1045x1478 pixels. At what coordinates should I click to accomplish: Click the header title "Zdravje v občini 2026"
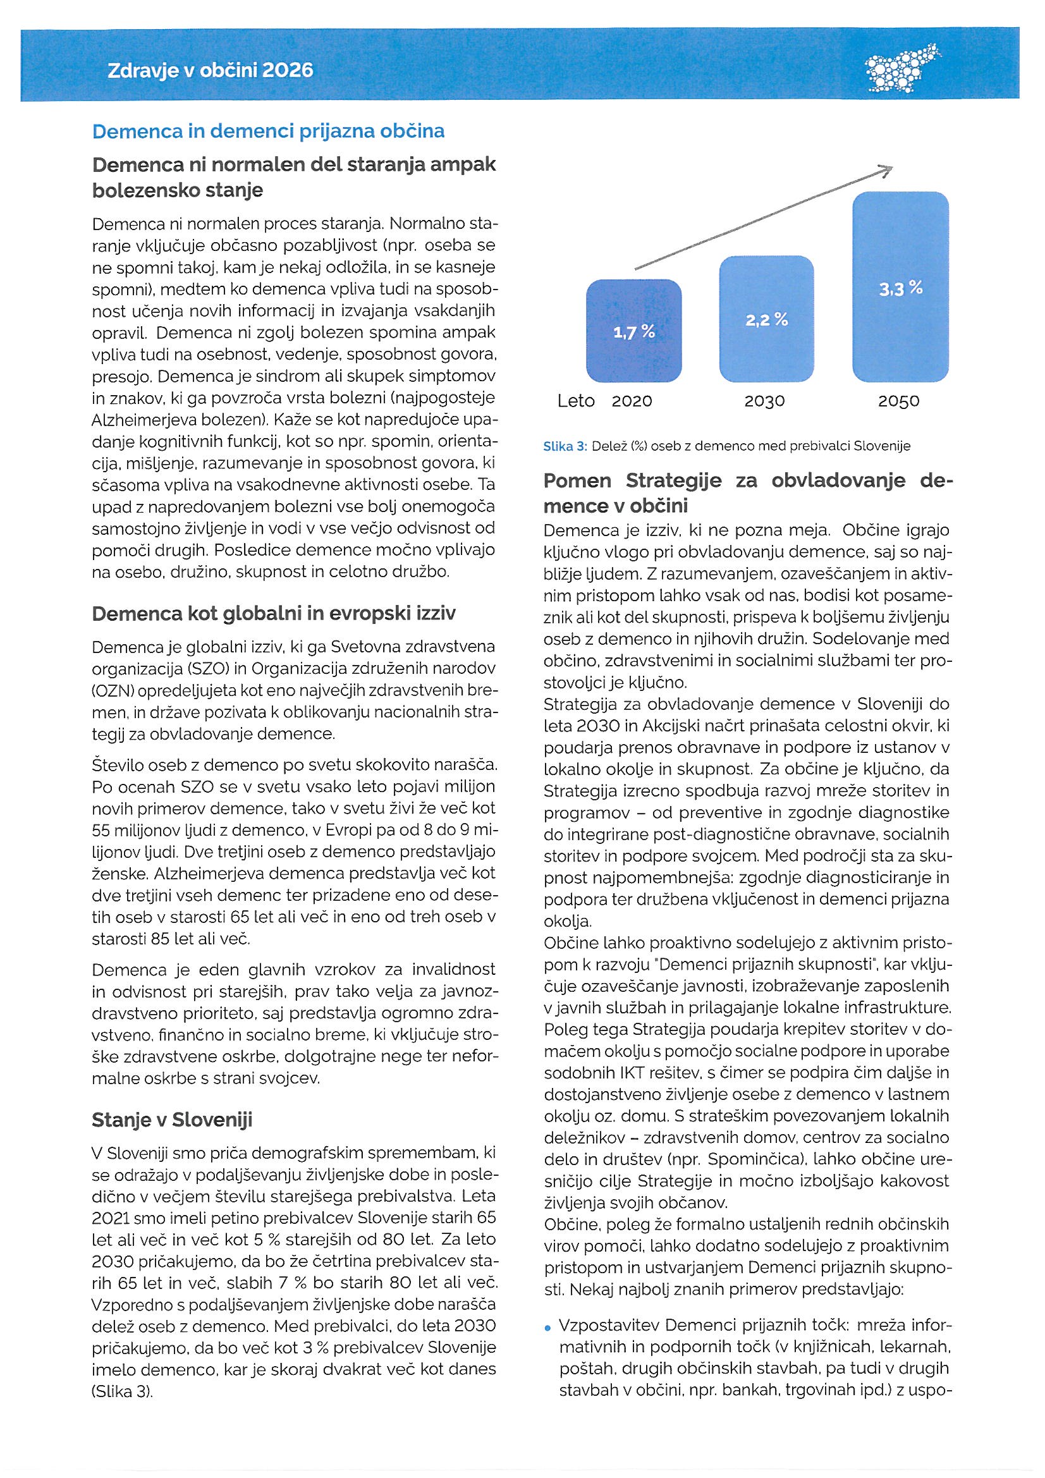coord(210,70)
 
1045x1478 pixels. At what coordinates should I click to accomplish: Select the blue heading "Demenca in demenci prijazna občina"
coord(269,131)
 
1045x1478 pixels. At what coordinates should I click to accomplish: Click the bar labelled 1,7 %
coord(633,331)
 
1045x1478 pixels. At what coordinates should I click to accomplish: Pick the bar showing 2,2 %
coord(766,319)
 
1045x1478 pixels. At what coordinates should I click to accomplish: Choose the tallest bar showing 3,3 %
coord(900,288)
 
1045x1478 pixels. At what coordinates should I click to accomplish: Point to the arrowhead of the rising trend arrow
coord(886,170)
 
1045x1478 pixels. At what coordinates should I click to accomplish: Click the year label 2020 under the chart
coord(632,401)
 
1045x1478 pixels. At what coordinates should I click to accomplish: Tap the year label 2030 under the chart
coord(765,401)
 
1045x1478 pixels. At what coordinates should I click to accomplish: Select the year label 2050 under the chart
coord(899,401)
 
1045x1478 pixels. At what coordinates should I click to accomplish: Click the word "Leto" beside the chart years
coord(576,401)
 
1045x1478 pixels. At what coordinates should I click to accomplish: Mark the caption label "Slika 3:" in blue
coord(565,446)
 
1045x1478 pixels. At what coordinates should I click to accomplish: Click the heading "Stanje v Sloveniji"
coord(172,1120)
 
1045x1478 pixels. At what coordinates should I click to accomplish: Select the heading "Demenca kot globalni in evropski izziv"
coord(274,613)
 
